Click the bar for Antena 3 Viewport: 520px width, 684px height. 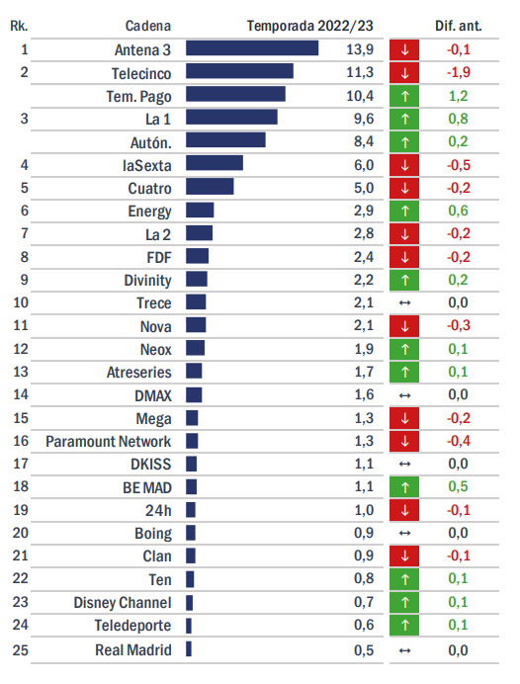[x=252, y=48]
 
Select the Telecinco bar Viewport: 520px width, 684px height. [x=239, y=71]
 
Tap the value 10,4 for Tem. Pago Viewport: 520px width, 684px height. [x=360, y=96]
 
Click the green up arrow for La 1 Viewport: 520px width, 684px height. [x=404, y=119]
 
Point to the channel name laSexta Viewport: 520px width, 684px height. [x=147, y=166]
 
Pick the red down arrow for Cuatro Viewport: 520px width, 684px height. [x=404, y=188]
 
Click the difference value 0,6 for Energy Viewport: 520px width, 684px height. [x=458, y=211]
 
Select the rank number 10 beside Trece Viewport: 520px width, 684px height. [x=21, y=302]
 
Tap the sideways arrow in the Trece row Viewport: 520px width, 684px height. [x=405, y=302]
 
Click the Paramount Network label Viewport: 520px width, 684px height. [x=108, y=442]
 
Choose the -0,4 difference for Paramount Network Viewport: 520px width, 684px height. [x=458, y=441]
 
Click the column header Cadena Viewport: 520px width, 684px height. [x=148, y=26]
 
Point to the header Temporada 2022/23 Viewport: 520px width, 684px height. [x=310, y=26]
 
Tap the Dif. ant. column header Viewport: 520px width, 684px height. [x=459, y=26]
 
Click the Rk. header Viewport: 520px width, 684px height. [x=19, y=26]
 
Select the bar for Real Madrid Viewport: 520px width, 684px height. [x=189, y=648]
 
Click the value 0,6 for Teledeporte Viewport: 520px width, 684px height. [x=364, y=625]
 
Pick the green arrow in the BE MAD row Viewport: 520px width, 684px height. [x=404, y=487]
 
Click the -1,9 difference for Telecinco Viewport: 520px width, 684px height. [x=458, y=72]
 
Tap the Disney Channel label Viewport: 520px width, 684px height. [x=123, y=602]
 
